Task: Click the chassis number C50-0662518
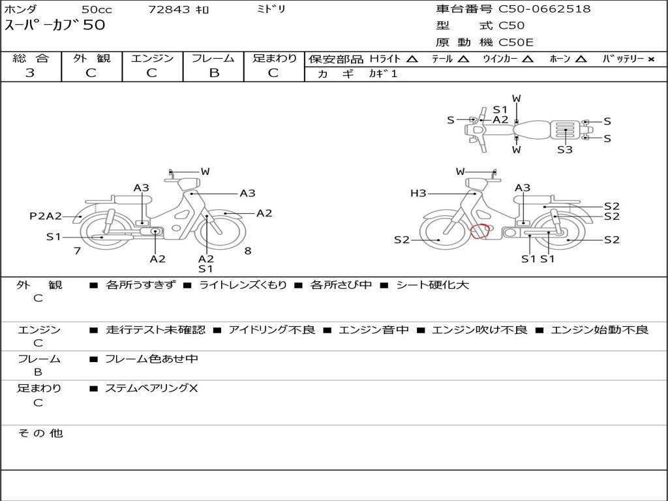click(x=545, y=9)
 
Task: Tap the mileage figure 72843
click(x=168, y=9)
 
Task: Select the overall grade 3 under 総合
click(x=30, y=73)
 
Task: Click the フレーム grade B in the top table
click(x=214, y=73)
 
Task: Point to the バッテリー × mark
click(x=650, y=59)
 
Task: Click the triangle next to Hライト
click(x=412, y=59)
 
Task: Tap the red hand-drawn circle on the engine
click(x=479, y=231)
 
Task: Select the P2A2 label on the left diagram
click(x=46, y=216)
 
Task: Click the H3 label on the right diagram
click(x=418, y=193)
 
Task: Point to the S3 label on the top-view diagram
click(x=565, y=149)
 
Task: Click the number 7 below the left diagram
click(x=77, y=250)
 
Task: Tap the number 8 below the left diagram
click(x=248, y=250)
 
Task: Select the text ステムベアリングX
click(x=151, y=388)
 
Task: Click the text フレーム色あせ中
click(x=151, y=359)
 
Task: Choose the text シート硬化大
click(x=433, y=284)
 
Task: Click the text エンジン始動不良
click(x=600, y=329)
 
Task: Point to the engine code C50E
click(x=516, y=42)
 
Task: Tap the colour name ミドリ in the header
click(x=271, y=9)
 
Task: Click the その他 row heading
click(x=40, y=433)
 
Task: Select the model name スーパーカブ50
click(x=55, y=25)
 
